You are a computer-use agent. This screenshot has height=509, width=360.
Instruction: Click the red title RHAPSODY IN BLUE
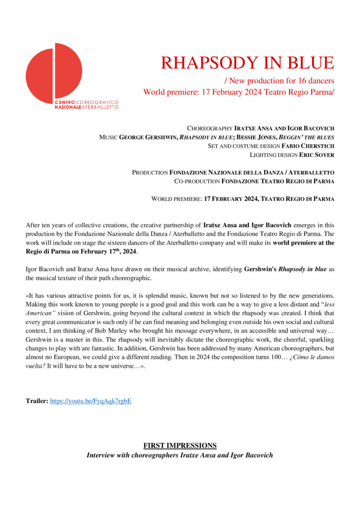pos(247,63)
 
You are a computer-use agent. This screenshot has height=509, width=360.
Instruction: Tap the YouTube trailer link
pos(90,400)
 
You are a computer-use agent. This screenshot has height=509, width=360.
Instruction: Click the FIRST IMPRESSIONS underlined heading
pos(180,445)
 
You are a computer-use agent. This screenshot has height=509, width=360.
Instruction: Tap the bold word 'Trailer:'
pos(37,400)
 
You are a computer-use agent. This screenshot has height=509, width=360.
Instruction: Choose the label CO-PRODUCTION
pos(197,181)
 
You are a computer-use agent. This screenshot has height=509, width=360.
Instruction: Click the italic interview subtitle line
pos(180,455)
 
